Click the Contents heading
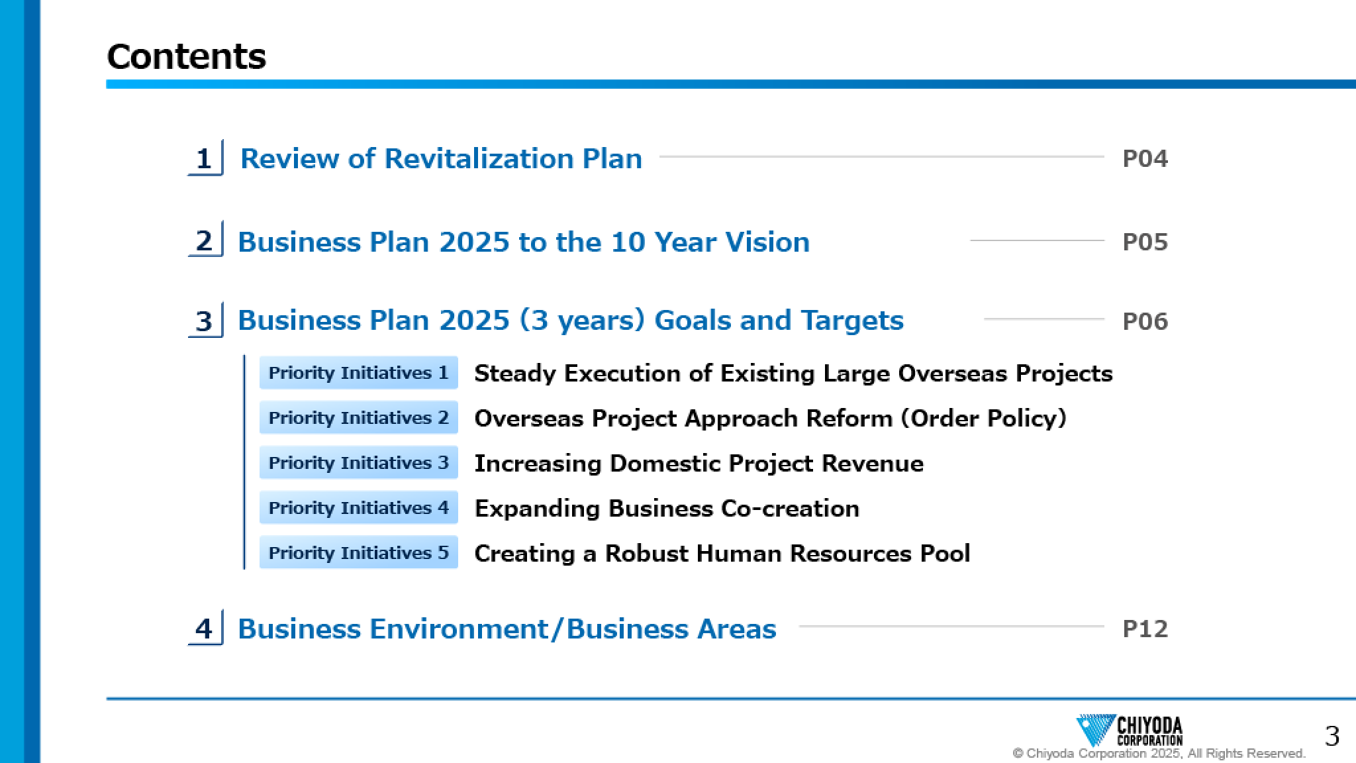click(186, 56)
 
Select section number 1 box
click(205, 158)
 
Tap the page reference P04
click(1145, 159)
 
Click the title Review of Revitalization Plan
click(441, 159)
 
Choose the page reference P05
click(1145, 242)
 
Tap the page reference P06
click(1145, 322)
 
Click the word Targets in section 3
click(852, 321)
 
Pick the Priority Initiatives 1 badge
click(358, 373)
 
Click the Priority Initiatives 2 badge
click(358, 418)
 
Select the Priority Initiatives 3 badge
click(358, 463)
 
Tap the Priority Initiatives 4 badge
click(358, 508)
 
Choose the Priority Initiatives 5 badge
click(358, 553)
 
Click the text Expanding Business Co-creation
click(667, 509)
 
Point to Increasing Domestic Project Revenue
click(699, 464)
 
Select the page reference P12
click(1145, 629)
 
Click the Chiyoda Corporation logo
click(1130, 731)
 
